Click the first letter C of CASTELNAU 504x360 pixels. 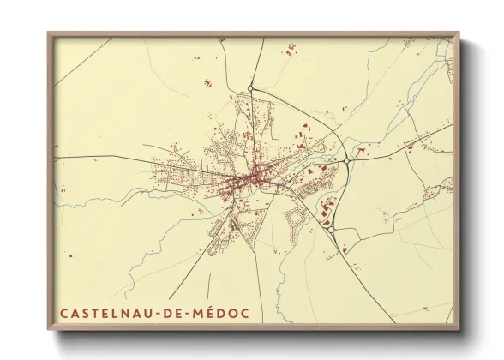(64, 314)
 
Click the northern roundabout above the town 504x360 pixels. (250, 88)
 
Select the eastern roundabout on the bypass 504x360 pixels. (346, 159)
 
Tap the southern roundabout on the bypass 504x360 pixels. (331, 229)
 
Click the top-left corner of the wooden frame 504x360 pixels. (49, 33)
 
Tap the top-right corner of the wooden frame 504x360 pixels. (459, 33)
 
